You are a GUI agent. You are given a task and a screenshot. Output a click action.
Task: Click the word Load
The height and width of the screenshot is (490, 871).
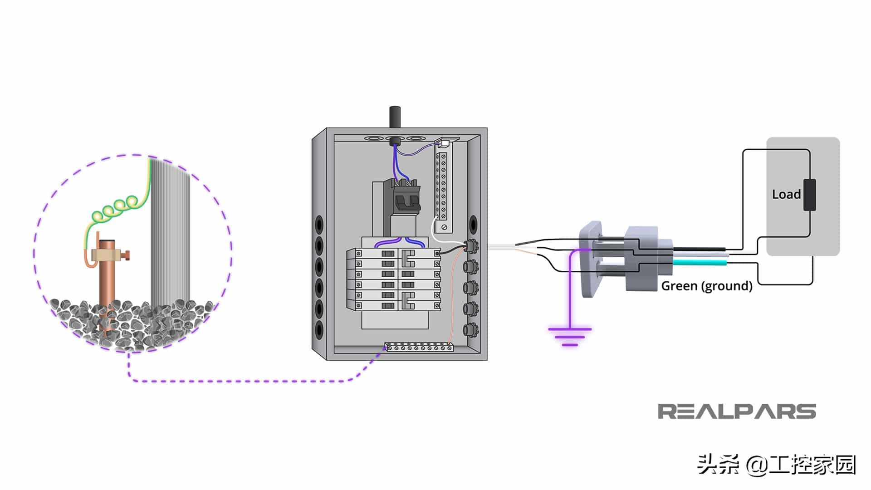[786, 194]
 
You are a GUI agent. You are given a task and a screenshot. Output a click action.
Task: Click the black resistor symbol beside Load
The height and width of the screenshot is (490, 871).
[809, 195]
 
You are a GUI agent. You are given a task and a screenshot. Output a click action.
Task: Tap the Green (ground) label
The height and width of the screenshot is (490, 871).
[707, 286]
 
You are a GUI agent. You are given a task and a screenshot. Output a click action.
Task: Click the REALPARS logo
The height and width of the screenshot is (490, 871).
[737, 412]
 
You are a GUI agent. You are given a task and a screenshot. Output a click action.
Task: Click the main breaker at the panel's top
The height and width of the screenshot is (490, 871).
[405, 197]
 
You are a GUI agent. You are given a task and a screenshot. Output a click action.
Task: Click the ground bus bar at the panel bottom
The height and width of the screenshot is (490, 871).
[418, 348]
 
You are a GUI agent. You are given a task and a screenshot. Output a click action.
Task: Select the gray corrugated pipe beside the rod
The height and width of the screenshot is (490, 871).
[170, 231]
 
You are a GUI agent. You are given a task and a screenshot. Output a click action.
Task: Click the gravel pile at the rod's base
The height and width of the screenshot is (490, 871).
[132, 322]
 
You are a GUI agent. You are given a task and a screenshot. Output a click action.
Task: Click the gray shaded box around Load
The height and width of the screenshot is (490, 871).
[803, 196]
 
